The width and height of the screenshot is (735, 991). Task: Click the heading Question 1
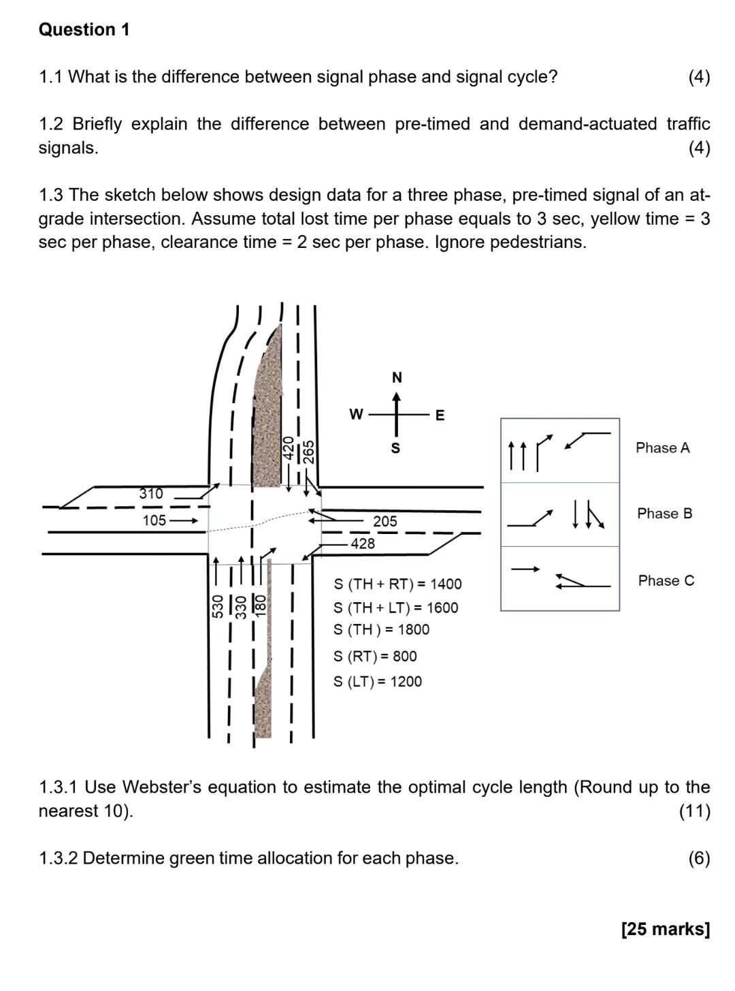(x=84, y=30)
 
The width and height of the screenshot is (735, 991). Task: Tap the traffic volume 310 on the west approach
(x=151, y=494)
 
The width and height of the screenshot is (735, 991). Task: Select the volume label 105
(x=154, y=520)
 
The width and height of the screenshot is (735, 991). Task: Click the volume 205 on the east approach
(x=385, y=521)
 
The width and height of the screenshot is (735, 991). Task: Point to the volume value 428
(x=362, y=543)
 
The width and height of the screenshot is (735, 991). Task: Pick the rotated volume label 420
(x=289, y=450)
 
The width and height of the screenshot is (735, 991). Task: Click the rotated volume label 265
(x=308, y=452)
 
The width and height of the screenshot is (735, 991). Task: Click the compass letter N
(x=397, y=377)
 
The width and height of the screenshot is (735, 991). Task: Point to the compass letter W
(x=355, y=414)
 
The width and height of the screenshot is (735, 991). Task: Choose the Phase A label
(x=662, y=447)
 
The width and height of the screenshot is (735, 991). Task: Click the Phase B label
(x=664, y=514)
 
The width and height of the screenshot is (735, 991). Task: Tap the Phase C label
(x=666, y=581)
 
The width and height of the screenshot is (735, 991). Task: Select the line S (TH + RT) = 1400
(x=397, y=584)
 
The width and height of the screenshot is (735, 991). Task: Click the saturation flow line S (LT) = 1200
(x=378, y=681)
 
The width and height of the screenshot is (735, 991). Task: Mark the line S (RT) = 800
(x=375, y=656)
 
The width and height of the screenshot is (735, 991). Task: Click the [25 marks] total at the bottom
(x=665, y=929)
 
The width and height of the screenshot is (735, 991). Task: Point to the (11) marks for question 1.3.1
(x=694, y=811)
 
